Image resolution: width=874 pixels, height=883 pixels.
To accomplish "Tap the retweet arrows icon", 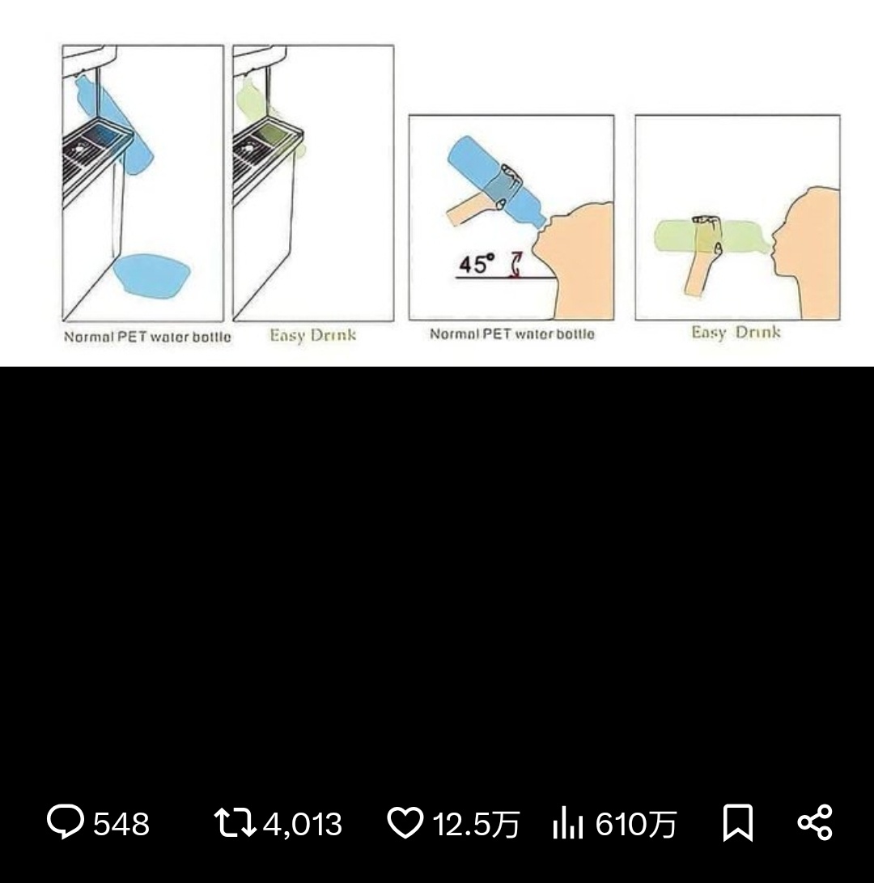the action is pos(235,822).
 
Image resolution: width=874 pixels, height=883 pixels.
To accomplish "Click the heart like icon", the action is pos(405,822).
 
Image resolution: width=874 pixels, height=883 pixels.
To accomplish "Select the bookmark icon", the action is pos(738,823).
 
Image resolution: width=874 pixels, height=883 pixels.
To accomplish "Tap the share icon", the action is pos(814,823).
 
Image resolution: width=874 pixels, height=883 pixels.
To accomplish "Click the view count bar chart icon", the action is pos(567,822).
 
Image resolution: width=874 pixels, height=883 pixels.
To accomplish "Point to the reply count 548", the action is pos(121,824).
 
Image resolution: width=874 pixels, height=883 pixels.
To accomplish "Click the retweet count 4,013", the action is pos(303,825).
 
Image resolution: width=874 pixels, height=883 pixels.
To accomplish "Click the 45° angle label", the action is pos(477,264).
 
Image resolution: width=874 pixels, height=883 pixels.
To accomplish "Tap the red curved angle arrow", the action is pos(515,265).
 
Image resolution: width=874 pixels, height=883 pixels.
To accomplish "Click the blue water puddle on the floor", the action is pos(152,275).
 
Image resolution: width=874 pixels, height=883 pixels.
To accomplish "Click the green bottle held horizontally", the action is pos(711,237).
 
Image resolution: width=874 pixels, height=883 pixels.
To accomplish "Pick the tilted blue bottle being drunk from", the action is pos(495,182).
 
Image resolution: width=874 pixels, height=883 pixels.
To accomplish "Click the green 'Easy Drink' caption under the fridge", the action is pos(313,336).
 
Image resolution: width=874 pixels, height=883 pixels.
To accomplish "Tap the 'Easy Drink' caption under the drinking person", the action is pos(736,333).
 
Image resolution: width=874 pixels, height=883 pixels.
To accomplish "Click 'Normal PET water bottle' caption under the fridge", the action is pos(147,337).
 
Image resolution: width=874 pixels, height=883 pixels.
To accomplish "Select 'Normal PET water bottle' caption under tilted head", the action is pos(512,334).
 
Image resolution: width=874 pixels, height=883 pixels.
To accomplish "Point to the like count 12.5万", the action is pos(476,825).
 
